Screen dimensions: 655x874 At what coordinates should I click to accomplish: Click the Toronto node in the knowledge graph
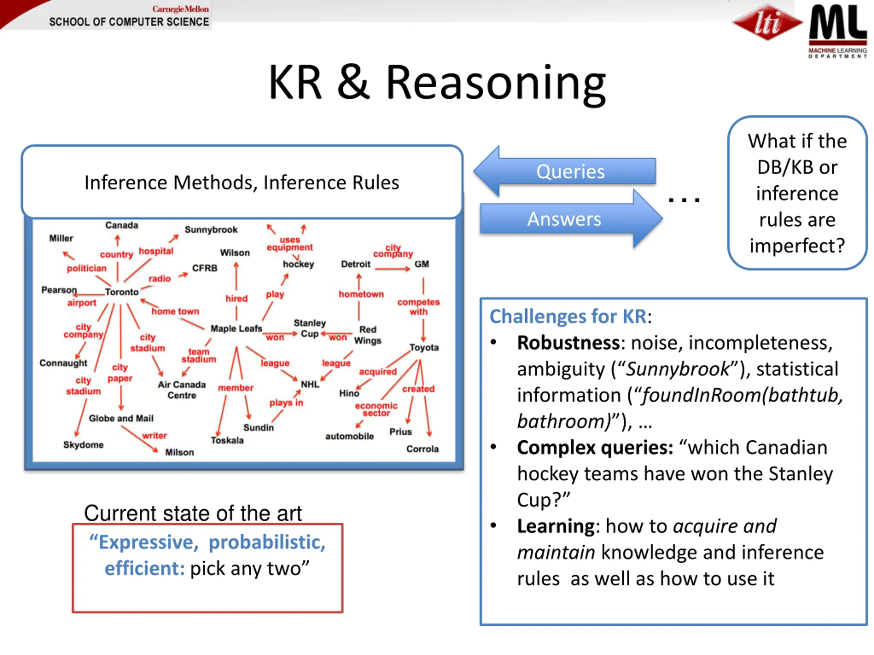coord(122,292)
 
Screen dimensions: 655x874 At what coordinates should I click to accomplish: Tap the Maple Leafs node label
coord(236,329)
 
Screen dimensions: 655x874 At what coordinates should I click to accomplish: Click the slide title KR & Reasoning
coord(437,83)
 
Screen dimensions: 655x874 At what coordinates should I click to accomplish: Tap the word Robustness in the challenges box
coord(568,343)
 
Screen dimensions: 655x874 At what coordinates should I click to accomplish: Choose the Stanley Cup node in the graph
coord(309,329)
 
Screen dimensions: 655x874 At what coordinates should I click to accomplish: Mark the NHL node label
coord(310,384)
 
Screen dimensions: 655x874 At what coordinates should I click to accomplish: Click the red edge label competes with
coord(419,307)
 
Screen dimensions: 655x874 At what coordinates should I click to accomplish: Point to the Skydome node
coord(83,445)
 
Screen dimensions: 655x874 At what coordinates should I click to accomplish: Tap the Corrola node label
coord(422,449)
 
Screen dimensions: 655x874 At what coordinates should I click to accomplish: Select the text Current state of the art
coord(193,513)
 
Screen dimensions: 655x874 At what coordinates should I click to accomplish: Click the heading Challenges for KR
coord(568,317)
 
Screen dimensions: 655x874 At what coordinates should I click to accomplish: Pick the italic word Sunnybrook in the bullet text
coord(678,369)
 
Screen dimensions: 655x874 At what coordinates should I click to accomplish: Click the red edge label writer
coord(155,436)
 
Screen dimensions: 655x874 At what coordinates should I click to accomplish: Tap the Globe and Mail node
coord(121,419)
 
